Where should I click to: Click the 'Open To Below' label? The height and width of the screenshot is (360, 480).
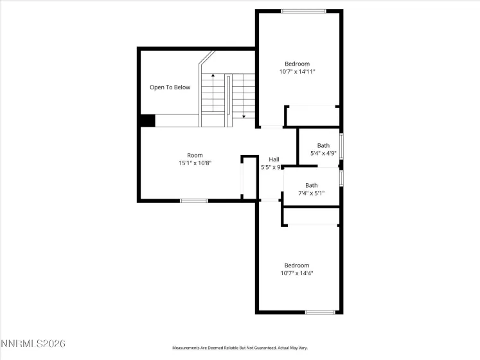(170, 87)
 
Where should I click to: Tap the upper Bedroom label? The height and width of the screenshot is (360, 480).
(297, 64)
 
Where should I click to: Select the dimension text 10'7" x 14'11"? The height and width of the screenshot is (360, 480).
(297, 72)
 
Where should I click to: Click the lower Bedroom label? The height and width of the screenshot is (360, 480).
(297, 265)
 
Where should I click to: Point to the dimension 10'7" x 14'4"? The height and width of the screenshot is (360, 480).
(297, 273)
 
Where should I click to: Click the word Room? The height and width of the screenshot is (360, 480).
(195, 155)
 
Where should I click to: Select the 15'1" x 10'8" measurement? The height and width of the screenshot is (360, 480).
(195, 163)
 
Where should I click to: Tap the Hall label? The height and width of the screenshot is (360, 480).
(274, 159)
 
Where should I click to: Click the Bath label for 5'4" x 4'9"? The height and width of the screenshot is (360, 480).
(323, 145)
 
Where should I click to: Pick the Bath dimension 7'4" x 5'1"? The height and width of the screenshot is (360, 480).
(311, 193)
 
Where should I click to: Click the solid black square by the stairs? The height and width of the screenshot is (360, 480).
(147, 120)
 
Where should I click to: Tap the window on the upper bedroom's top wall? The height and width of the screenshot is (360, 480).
(304, 11)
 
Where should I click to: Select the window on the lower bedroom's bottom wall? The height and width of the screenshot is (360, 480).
(321, 312)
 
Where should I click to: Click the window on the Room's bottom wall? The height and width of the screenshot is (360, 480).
(193, 201)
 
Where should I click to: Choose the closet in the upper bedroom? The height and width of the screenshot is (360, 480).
(312, 116)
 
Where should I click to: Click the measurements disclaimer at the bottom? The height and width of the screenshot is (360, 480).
(239, 348)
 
